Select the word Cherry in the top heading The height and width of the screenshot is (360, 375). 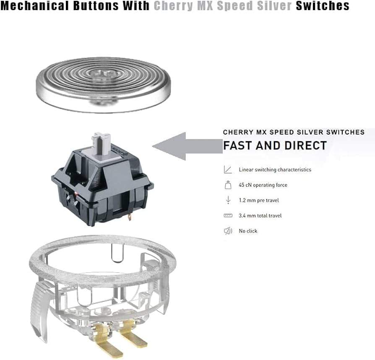point(173,6)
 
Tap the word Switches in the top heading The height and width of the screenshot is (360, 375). point(323,6)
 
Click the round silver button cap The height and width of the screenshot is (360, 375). point(103,85)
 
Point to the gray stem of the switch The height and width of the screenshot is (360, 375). point(102,143)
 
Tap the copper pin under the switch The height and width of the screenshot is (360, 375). point(130,217)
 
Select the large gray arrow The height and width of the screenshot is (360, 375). point(187,146)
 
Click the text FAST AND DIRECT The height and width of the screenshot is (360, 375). point(275,145)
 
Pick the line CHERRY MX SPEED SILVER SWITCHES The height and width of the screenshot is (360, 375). point(294,132)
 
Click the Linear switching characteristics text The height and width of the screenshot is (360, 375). point(275,170)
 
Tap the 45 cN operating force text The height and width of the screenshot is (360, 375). point(263,185)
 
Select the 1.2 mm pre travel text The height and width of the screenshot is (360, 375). point(259,200)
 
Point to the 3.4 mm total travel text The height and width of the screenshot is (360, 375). point(260,215)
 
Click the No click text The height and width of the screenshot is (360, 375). point(248,231)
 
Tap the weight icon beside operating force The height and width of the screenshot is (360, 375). point(228,185)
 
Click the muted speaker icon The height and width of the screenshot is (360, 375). point(228,231)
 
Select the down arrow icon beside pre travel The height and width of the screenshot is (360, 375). point(228,200)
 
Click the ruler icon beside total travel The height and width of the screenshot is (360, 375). point(228,215)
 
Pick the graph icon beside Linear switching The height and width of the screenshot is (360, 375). point(228,170)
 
